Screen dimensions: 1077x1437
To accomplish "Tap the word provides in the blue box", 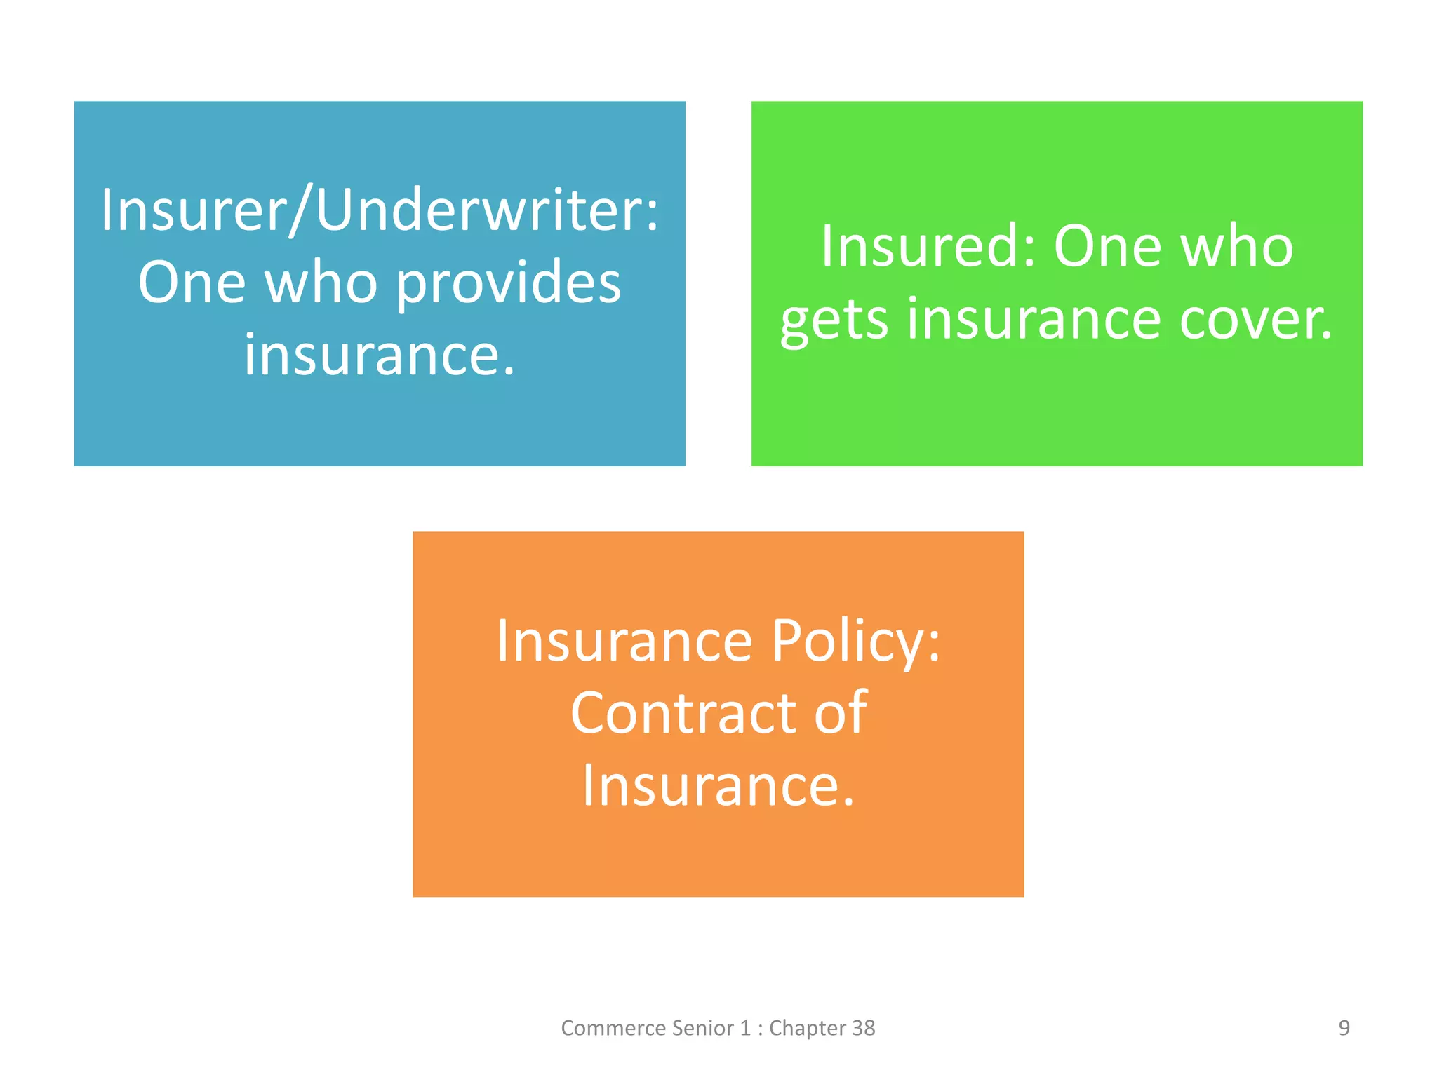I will pos(509,283).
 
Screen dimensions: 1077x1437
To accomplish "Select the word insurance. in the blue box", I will pos(380,355).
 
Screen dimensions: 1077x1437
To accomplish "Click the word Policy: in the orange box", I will pos(856,641).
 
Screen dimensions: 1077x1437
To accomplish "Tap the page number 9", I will pos(1344,1028).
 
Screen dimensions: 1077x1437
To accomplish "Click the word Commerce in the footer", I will pos(613,1028).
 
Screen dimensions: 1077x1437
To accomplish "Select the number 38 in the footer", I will pos(863,1028).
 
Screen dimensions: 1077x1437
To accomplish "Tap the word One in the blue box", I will pos(192,283).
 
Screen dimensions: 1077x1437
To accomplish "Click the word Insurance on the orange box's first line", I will pos(624,641).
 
